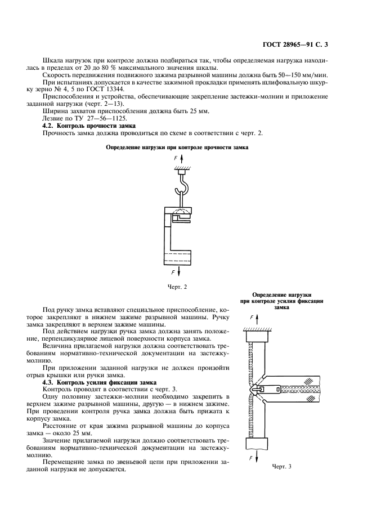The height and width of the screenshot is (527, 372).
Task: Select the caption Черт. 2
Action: pos(177,287)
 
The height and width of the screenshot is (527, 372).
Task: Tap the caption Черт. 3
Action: pos(282,466)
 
